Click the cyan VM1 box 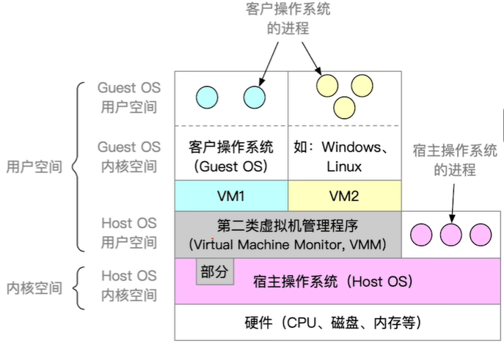click(x=231, y=196)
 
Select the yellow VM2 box click(x=344, y=196)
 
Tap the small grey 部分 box click(x=213, y=273)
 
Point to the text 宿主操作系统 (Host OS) click(x=333, y=281)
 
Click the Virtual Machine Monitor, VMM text click(x=287, y=243)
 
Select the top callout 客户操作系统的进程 click(x=288, y=19)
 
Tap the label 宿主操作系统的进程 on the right click(x=455, y=161)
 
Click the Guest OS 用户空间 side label click(x=129, y=97)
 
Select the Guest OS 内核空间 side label click(x=129, y=157)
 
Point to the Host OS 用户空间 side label click(x=129, y=232)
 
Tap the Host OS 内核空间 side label click(x=129, y=286)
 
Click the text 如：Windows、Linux click(x=344, y=157)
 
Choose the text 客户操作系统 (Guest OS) click(x=231, y=157)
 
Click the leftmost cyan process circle click(x=207, y=95)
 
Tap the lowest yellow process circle click(x=344, y=109)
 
